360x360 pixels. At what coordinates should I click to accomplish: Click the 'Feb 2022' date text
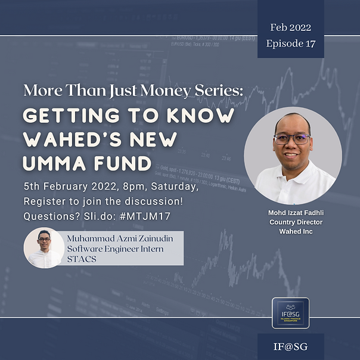click(x=291, y=27)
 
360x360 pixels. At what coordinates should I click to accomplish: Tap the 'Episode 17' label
click(x=291, y=43)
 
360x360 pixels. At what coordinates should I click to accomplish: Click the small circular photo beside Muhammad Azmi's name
click(x=44, y=247)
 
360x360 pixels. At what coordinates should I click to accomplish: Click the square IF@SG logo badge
click(x=290, y=313)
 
